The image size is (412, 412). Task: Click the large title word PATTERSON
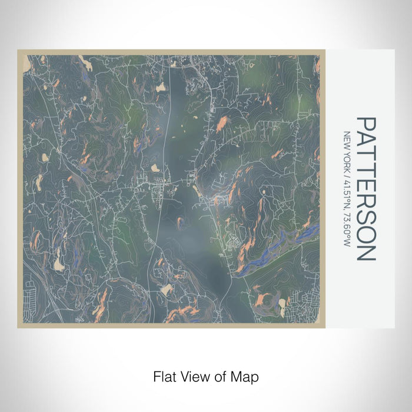[x=366, y=189]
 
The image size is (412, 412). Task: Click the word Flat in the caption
[x=165, y=376]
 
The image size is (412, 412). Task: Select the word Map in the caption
[x=246, y=376]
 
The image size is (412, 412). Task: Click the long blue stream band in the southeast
[x=277, y=247]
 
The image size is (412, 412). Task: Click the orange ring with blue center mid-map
[x=180, y=221]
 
